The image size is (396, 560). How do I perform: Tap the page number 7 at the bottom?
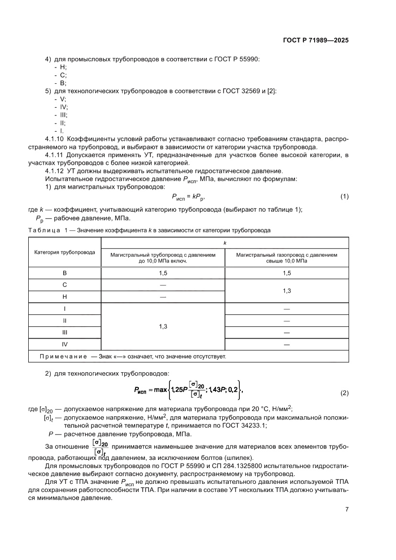coord(347,510)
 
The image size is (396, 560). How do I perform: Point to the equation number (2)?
coord(344,393)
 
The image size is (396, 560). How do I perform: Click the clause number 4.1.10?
coord(55,139)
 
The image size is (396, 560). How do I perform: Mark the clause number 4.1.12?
coord(55,171)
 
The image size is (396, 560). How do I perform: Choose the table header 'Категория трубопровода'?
coord(65,252)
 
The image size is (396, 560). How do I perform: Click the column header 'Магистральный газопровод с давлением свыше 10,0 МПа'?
coord(286,258)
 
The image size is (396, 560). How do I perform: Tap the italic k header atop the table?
coord(225,243)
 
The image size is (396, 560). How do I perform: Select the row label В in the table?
coord(65,273)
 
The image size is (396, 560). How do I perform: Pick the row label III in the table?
coord(65,332)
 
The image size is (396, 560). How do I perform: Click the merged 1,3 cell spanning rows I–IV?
coord(162,326)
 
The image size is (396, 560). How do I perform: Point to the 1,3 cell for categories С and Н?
coord(286,290)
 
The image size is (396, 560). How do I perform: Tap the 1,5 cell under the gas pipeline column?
coord(286,273)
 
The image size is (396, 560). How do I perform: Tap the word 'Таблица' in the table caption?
coord(43,230)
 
